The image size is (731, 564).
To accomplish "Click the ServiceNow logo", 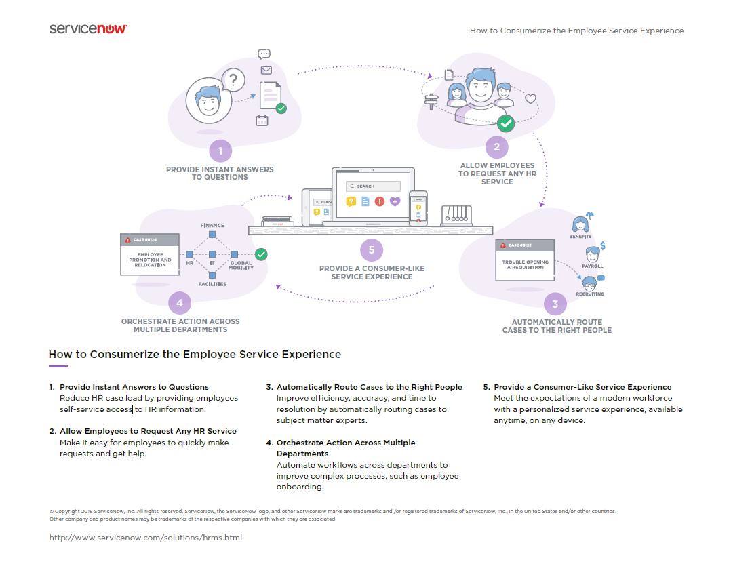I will tap(88, 29).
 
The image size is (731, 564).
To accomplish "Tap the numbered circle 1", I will tap(220, 150).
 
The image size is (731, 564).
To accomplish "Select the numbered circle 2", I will tap(496, 147).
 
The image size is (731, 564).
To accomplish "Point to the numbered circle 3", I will tap(555, 304).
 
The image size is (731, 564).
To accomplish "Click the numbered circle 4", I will tap(179, 303).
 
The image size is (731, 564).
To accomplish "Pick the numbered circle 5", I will tap(371, 250).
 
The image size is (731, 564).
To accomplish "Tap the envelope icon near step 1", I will tap(266, 70).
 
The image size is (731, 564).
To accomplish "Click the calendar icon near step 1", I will tap(262, 121).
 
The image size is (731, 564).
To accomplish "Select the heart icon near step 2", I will tap(530, 98).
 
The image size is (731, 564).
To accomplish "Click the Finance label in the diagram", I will tap(212, 225).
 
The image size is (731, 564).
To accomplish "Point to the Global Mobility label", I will tap(241, 265).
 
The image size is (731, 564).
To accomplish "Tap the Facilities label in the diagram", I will tap(212, 284).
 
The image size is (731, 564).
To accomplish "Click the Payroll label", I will tap(593, 266).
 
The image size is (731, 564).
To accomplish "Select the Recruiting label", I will tap(590, 294).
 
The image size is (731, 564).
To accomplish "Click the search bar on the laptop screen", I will tap(373, 186).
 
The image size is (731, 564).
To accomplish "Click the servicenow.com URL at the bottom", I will tap(146, 538).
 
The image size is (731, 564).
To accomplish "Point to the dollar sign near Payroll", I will tap(603, 245).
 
